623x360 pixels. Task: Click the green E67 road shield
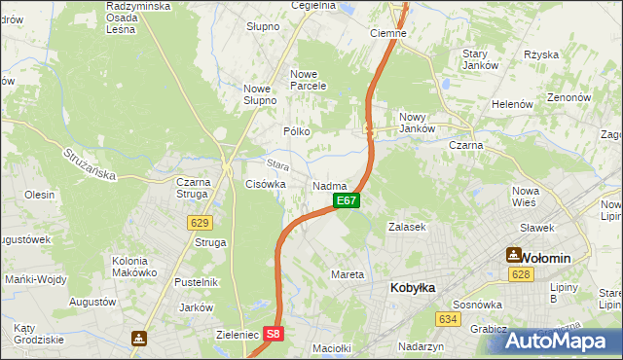point(348,200)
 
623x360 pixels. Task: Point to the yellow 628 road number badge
point(520,275)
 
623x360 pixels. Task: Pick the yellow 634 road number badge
point(448,319)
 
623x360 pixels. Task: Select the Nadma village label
point(330,185)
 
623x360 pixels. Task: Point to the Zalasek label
point(407,227)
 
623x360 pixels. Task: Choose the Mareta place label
point(348,274)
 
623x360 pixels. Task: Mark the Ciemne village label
point(388,32)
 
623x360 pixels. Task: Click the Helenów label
point(512,104)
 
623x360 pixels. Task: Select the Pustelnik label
point(195,282)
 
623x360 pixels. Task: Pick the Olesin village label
point(40,195)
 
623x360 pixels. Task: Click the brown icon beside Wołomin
point(513,255)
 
